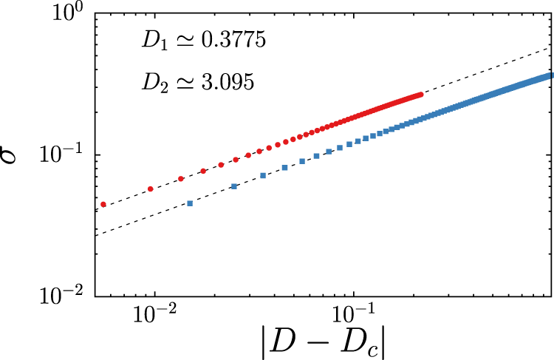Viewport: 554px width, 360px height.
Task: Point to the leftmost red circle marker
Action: tap(103, 204)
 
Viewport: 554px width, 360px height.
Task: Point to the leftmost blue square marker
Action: tap(190, 203)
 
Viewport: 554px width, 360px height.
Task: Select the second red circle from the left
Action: tap(151, 189)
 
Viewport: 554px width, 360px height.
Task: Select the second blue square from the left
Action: tap(234, 186)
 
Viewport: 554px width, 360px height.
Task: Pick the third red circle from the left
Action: tap(181, 179)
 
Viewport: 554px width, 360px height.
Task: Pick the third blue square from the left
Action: tap(264, 175)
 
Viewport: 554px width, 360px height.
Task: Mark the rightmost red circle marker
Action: tap(421, 95)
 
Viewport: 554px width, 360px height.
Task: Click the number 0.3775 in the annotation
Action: tap(228, 43)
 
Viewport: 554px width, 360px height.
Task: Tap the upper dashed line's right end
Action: tap(550, 49)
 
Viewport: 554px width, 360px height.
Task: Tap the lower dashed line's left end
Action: tap(96, 234)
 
